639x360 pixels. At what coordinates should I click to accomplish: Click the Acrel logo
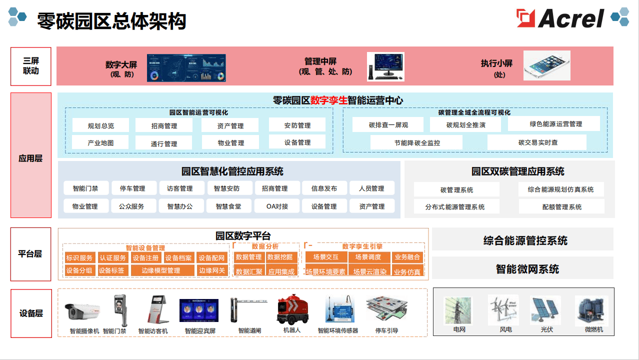[560, 18]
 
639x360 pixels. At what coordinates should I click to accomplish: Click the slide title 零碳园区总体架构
[111, 21]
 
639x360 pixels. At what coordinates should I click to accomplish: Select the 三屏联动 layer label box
[31, 66]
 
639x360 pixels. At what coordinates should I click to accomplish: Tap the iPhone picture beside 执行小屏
[546, 65]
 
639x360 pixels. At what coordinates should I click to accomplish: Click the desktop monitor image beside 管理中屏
[385, 66]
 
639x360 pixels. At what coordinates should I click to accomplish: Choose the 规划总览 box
[100, 125]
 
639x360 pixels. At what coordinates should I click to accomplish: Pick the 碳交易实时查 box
[537, 142]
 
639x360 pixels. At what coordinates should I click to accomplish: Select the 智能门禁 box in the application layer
[85, 188]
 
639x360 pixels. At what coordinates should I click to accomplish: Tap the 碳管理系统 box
[456, 189]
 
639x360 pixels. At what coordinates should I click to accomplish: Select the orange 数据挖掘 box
[280, 257]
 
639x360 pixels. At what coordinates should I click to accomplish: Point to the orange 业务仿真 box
[407, 272]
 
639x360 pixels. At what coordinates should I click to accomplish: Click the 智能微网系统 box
[527, 269]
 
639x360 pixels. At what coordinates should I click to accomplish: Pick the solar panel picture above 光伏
[545, 310]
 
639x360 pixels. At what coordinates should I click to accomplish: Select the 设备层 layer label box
[31, 313]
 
